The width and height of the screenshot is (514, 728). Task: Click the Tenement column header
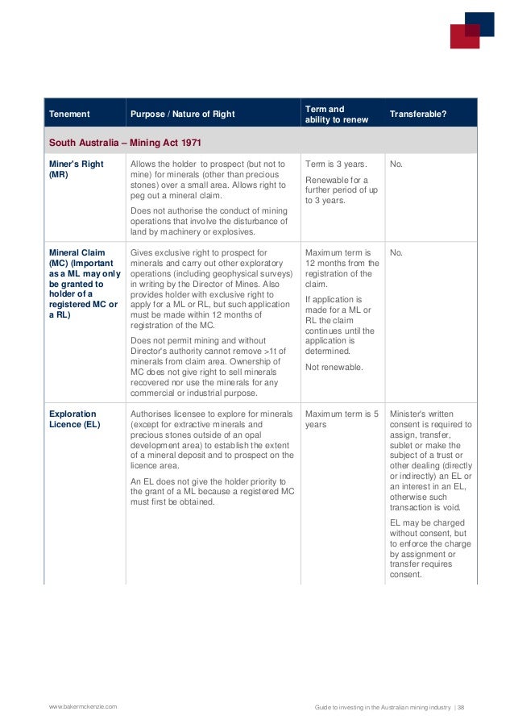[x=69, y=114]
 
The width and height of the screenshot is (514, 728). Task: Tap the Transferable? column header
[x=417, y=114]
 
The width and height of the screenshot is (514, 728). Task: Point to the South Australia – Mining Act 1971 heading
[x=125, y=142]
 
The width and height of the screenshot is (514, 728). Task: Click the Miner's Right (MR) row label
[x=71, y=168]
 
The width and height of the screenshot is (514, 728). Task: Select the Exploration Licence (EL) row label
[x=74, y=419]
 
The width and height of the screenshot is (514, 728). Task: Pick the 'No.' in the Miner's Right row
[x=396, y=164]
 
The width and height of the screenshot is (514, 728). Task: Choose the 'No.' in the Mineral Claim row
[x=396, y=252]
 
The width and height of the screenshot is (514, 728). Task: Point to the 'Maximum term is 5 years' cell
[x=342, y=419]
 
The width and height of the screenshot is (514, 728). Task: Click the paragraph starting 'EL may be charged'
[x=431, y=549]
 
